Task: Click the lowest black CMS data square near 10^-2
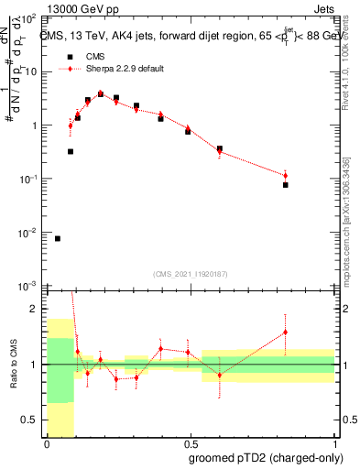point(58,238)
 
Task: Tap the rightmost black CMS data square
point(286,185)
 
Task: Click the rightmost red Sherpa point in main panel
point(286,175)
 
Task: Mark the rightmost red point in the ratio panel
point(286,333)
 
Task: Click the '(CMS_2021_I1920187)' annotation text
point(190,274)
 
